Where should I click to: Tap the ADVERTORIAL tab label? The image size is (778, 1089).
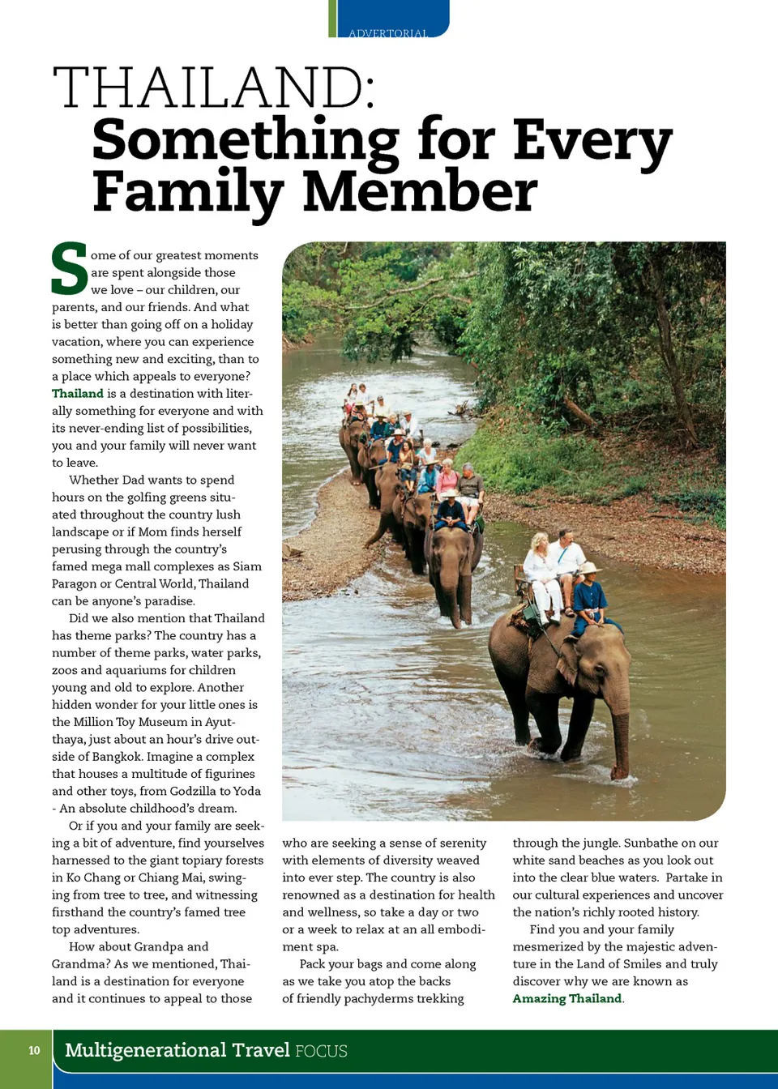[387, 33]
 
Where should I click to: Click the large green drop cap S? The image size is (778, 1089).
[69, 269]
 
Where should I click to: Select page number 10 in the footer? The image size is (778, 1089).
[34, 1050]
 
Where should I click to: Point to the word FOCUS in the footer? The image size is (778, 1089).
[321, 1052]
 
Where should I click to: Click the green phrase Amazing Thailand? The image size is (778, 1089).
[566, 998]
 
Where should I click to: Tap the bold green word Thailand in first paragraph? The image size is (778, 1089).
[78, 393]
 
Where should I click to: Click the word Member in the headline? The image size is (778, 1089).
[420, 192]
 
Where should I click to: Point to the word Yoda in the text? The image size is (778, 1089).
[247, 791]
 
